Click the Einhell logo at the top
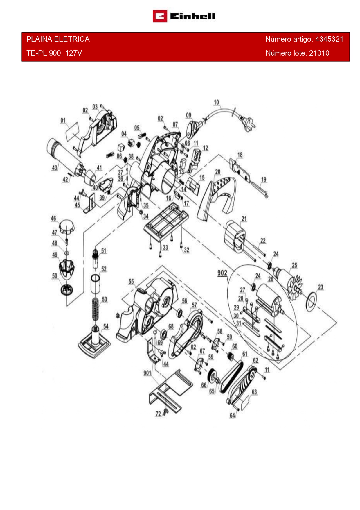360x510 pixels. pyautogui.click(x=184, y=16)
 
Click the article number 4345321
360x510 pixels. pyautogui.click(x=329, y=39)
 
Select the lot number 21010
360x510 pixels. pyautogui.click(x=319, y=53)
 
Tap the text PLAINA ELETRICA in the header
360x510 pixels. pyautogui.click(x=58, y=39)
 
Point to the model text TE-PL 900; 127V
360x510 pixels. pyautogui.click(x=54, y=53)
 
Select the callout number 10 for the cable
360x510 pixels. pyautogui.click(x=216, y=102)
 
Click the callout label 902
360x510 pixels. pyautogui.click(x=222, y=273)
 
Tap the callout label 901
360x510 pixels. pyautogui.click(x=147, y=373)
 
